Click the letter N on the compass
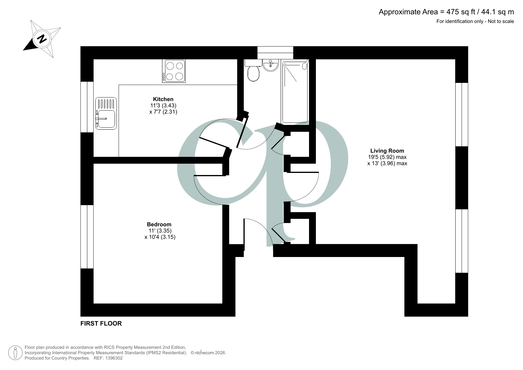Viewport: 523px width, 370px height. (42, 39)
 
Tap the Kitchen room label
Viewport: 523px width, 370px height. (163, 99)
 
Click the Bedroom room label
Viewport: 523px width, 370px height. (159, 225)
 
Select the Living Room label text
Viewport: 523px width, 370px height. (387, 151)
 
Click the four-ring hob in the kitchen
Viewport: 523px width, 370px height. (174, 71)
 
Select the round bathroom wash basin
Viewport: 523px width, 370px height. (271, 65)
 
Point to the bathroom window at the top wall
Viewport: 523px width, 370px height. (275, 53)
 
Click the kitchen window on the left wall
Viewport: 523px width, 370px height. (87, 107)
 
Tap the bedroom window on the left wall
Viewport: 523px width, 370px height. (87, 237)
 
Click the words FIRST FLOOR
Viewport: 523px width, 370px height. (101, 323)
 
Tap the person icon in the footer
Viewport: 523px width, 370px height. (15, 353)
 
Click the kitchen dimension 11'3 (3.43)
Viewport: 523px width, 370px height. (163, 106)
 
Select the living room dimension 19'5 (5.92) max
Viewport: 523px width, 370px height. (387, 157)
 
